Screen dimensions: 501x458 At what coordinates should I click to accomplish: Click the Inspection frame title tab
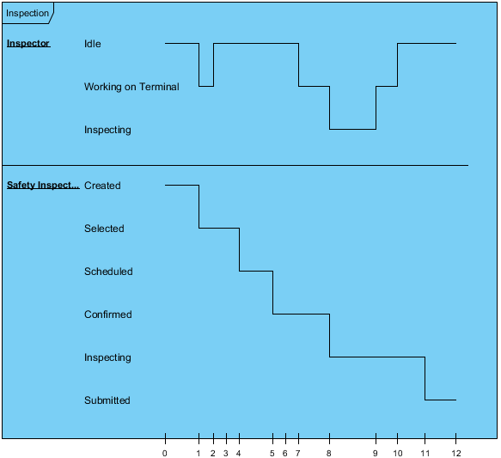[x=27, y=13]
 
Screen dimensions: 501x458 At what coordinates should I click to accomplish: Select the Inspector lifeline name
[x=28, y=43]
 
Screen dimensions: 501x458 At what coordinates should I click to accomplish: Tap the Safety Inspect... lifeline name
[x=43, y=185]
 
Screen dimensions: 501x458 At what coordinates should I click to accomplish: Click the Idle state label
[x=93, y=44]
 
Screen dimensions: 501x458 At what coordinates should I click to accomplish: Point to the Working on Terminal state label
[x=131, y=87]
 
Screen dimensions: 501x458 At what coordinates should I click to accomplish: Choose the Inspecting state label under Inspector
[x=107, y=130]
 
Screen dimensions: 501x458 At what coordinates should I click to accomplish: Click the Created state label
[x=102, y=186]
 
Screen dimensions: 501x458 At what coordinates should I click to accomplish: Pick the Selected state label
[x=104, y=229]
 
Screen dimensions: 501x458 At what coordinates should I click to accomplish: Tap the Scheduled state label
[x=108, y=272]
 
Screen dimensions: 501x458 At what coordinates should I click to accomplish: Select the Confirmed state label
[x=108, y=314]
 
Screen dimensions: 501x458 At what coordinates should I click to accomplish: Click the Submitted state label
[x=107, y=400]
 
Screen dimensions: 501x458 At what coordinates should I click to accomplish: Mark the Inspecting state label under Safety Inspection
[x=107, y=357]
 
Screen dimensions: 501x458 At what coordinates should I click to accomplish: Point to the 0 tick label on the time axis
[x=164, y=453]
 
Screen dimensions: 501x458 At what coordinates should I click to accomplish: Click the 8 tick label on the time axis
[x=329, y=453]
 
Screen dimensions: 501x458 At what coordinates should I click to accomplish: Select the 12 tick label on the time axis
[x=456, y=453]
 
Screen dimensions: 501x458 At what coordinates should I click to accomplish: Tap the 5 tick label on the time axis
[x=272, y=453]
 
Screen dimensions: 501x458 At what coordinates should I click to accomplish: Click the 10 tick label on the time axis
[x=398, y=453]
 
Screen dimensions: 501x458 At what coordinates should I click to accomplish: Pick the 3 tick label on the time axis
[x=226, y=453]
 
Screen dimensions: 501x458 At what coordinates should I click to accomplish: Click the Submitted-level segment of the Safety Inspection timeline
[x=441, y=400]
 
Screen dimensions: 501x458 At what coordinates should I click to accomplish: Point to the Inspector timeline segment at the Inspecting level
[x=352, y=129]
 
